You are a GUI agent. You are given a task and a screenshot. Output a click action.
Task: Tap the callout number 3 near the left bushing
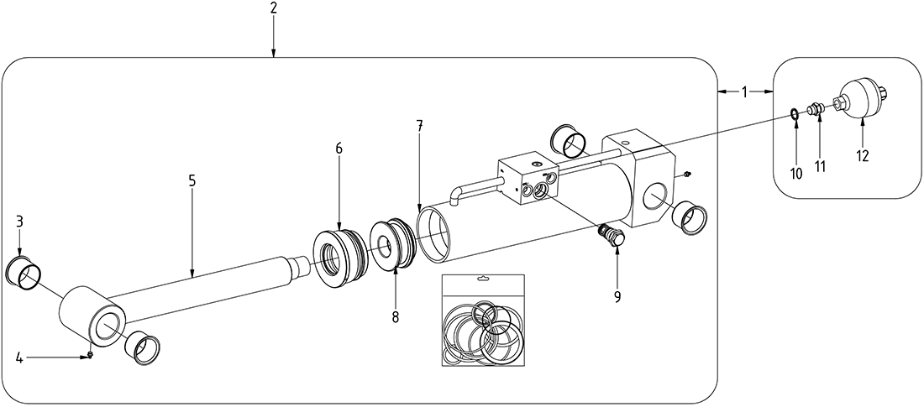point(19,222)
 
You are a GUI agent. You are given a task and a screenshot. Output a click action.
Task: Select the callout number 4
point(18,358)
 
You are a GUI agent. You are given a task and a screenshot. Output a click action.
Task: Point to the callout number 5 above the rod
point(192,180)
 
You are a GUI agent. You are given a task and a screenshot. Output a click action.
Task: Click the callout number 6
point(339,148)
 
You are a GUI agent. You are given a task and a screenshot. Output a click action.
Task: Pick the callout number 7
point(419,126)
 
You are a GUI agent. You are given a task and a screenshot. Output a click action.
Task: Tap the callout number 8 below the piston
point(395,317)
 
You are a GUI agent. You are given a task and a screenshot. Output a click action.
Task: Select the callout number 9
point(617,297)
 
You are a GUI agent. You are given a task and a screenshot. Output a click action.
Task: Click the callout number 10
point(796,172)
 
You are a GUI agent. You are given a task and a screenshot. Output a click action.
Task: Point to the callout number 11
point(820,166)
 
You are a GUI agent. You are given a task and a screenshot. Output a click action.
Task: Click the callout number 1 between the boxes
point(744,91)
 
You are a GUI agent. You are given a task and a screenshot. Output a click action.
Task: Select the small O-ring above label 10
point(794,112)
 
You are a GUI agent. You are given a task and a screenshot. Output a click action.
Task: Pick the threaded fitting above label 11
point(815,108)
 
